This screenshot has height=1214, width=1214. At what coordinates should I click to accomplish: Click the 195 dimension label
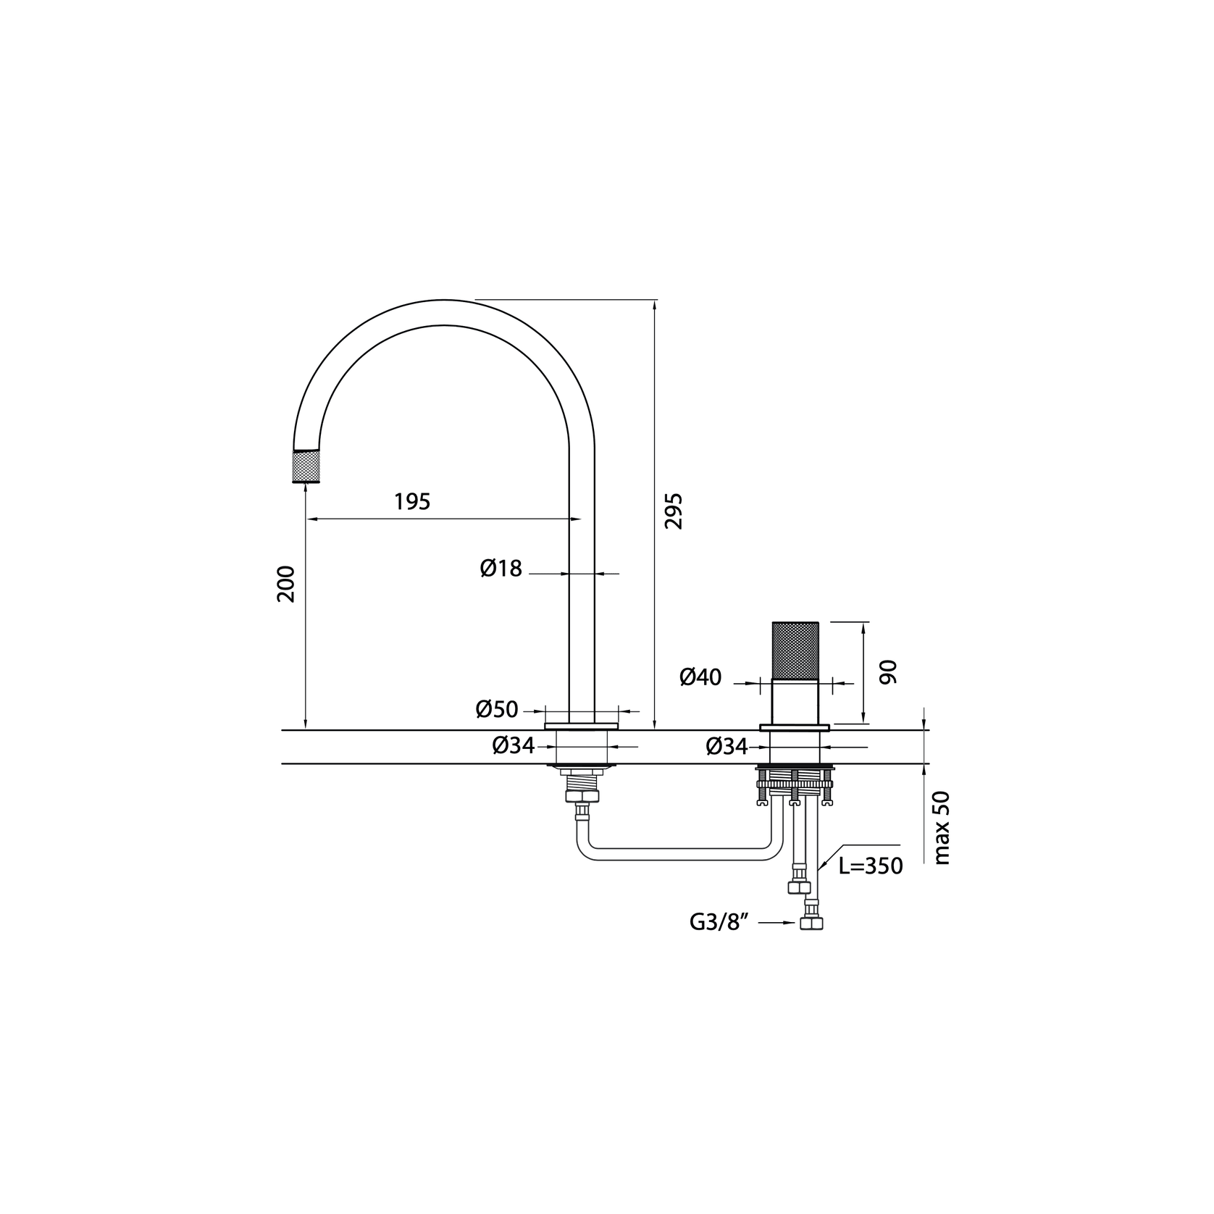click(x=412, y=501)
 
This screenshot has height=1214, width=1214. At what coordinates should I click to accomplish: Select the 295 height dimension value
click(x=674, y=511)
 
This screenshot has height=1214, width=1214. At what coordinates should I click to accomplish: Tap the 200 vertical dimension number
click(x=286, y=583)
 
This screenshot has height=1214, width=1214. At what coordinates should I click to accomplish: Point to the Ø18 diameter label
click(x=501, y=569)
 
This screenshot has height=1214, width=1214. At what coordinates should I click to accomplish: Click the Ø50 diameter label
click(x=497, y=709)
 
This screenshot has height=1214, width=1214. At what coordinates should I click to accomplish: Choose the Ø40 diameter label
click(x=700, y=677)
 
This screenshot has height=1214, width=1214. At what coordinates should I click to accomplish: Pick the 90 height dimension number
click(x=888, y=671)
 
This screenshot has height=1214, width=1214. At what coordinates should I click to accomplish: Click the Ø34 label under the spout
click(x=514, y=745)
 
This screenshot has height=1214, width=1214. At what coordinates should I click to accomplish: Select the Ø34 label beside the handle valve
click(x=727, y=745)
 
